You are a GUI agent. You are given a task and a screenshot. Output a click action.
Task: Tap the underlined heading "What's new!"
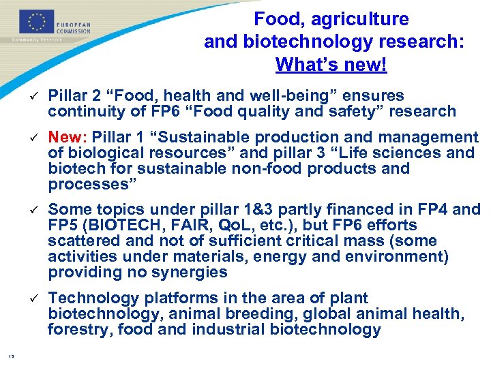pyautogui.click(x=331, y=65)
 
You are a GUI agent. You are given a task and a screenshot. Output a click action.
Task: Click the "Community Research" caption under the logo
pyautogui.click(x=37, y=40)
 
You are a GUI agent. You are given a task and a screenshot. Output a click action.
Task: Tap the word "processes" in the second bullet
pyautogui.click(x=85, y=184)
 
